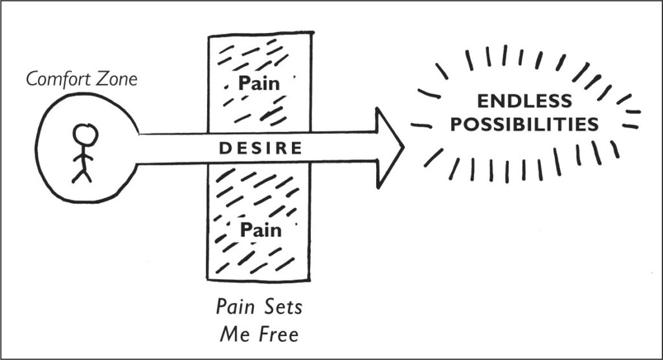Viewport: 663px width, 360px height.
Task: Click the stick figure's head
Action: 85,134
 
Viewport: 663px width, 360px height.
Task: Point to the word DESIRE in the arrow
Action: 260,148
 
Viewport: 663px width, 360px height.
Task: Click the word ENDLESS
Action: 524,101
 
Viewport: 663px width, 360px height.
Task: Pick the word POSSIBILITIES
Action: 524,124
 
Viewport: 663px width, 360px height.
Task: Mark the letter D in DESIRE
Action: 223,148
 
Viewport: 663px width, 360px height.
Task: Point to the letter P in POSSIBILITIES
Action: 456,124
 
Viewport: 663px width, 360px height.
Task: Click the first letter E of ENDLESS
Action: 482,101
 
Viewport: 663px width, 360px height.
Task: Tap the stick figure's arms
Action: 83,155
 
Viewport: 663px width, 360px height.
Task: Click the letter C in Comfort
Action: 30,81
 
